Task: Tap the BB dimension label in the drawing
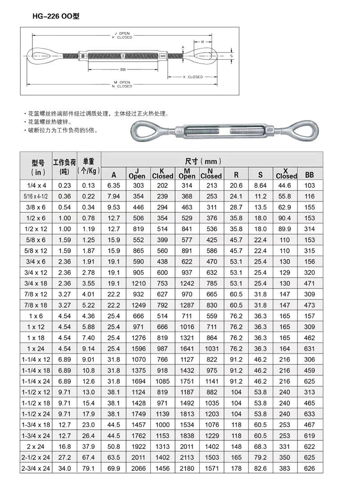coord(123,70)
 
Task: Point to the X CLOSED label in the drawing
coord(193,77)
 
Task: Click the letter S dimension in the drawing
coord(231,56)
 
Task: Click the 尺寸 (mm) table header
coord(203,161)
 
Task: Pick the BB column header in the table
coord(309,175)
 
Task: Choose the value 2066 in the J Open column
coord(138,469)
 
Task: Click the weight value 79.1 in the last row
coord(89,469)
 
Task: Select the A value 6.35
coord(113,186)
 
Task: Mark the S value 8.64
coord(261,186)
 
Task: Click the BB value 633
coord(309,414)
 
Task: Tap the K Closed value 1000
coord(162,425)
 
